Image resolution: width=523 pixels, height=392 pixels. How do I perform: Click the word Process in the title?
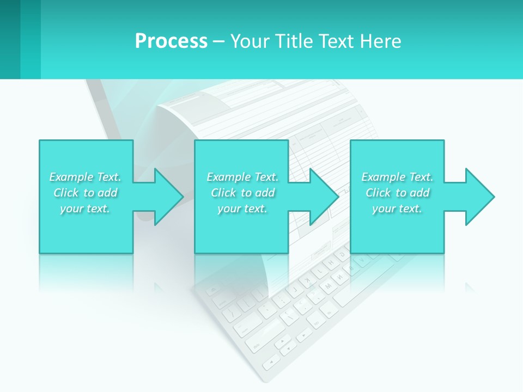click(171, 41)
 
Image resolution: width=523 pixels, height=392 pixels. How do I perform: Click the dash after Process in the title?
click(218, 42)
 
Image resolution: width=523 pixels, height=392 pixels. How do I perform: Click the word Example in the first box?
click(71, 177)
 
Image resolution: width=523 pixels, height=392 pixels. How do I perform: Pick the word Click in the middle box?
click(223, 193)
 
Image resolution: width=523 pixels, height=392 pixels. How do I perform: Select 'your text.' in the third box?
click(397, 209)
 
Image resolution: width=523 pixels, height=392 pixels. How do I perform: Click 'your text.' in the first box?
click(85, 209)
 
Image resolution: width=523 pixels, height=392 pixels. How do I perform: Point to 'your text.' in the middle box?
click(242, 209)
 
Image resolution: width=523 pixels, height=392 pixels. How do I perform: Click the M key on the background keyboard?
click(328, 286)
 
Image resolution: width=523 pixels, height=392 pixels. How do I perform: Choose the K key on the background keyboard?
click(307, 281)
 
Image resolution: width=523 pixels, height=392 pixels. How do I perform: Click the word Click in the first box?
click(66, 193)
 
